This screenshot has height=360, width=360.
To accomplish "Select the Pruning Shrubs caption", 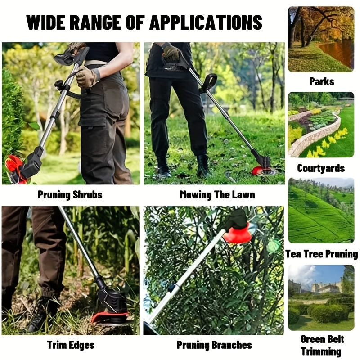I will coord(70,195).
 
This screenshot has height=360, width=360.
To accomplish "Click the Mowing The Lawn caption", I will coord(217,195).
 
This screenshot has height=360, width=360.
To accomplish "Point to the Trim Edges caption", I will coord(71,345).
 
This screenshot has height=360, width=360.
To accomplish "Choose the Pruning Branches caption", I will coord(214,345).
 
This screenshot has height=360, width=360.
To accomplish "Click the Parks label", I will coord(321,81).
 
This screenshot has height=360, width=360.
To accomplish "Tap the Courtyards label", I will coord(321,168).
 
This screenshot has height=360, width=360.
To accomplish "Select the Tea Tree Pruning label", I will coord(321,254).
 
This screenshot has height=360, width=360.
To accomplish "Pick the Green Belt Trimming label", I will coord(321,345).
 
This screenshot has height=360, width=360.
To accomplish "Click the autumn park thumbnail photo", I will coord(321,39).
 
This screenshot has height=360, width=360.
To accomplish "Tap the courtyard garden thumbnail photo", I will coord(321,125).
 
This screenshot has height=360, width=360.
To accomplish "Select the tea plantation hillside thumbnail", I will coord(321,211).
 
